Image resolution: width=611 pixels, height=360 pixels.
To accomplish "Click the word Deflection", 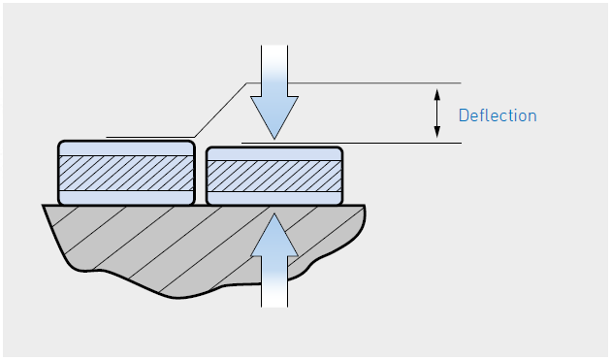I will [x=498, y=115].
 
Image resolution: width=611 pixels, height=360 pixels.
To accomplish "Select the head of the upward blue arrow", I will [x=274, y=237].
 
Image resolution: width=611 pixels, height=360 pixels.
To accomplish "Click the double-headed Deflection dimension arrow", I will [x=436, y=113].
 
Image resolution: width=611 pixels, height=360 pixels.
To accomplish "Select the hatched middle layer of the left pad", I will [x=126, y=174].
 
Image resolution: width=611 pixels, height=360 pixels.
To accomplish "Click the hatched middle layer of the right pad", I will [x=274, y=176].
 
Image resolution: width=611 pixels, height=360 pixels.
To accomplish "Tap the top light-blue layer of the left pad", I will [x=126, y=149].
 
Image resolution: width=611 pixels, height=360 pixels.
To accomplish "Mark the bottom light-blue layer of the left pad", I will [x=126, y=197].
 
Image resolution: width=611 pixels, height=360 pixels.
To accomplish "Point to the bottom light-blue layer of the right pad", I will [x=274, y=197].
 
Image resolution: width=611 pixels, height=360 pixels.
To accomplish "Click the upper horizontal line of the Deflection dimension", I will [x=388, y=82].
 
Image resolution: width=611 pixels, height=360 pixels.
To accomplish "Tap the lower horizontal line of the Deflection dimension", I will [x=388, y=144].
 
